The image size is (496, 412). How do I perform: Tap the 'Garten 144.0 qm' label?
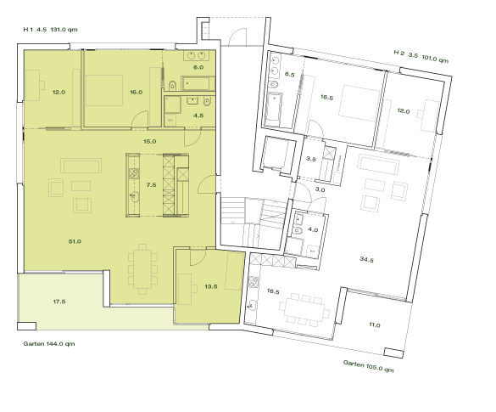click(x=49, y=345)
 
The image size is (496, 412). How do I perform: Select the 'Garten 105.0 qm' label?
click(x=369, y=366)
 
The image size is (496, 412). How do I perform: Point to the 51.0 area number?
click(x=75, y=241)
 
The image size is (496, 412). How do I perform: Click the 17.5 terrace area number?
click(x=59, y=301)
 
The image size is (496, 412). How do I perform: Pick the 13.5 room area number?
click(x=212, y=286)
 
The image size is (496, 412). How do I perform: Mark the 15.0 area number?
click(x=150, y=141)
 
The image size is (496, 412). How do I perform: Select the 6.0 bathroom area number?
click(x=198, y=66)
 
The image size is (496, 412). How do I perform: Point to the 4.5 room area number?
click(x=198, y=114)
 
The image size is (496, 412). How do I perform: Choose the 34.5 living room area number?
click(x=366, y=259)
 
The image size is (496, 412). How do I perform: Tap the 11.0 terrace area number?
click(x=375, y=325)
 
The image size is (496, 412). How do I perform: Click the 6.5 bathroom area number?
click(x=289, y=75)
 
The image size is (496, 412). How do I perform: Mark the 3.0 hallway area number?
click(x=320, y=190)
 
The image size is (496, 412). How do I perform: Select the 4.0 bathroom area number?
click(x=313, y=229)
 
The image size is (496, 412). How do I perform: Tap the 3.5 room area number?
click(x=310, y=159)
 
